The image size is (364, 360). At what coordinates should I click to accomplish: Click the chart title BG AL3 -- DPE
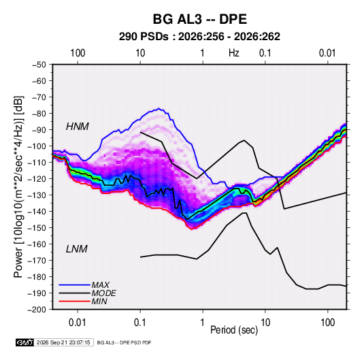coord(199,19)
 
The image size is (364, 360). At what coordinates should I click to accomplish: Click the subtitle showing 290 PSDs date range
coord(199,37)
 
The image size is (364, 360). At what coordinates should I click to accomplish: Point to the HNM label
coord(78,127)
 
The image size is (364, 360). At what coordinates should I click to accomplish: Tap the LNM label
coord(77,249)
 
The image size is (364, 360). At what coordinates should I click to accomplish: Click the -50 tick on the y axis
coord(39,65)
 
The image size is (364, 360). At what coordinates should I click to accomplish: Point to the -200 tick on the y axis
coord(37,310)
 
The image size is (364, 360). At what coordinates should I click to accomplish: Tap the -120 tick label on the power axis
coord(37,179)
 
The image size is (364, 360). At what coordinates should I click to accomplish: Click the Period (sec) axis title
coord(234,330)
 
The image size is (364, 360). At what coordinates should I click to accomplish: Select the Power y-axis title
coord(18,187)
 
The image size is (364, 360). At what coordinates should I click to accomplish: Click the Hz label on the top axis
coord(234,53)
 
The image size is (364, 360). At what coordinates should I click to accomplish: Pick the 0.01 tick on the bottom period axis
coord(78,323)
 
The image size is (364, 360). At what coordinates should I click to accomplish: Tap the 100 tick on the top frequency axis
coord(78,53)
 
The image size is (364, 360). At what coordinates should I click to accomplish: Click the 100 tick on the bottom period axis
coord(327,323)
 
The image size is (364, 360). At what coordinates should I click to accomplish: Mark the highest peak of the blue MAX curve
coord(159,108)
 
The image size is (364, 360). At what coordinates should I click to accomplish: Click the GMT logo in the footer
coord(25,342)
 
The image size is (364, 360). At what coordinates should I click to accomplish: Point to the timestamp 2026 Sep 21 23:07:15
coord(63,342)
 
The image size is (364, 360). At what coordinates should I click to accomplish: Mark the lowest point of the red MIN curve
coord(192,229)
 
